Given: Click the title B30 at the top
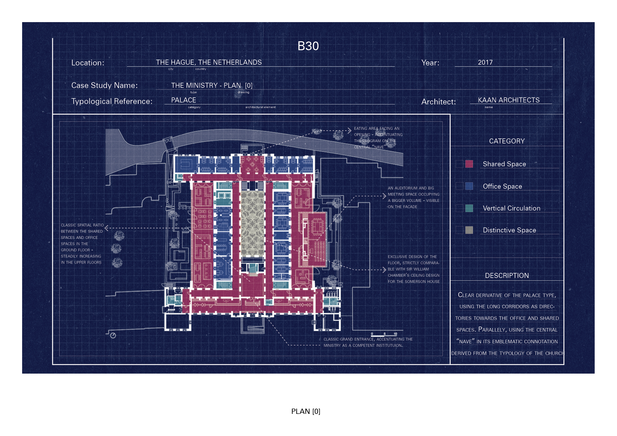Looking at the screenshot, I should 308,46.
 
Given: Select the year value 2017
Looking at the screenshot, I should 485,63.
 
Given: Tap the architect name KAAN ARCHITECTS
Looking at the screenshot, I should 509,100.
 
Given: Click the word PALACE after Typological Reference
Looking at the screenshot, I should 184,100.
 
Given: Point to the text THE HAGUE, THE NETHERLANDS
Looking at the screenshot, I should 209,63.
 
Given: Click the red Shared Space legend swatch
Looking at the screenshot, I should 469,164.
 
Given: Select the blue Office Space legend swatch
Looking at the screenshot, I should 469,186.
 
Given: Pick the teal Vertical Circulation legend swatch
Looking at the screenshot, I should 469,208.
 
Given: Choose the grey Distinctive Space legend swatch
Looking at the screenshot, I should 469,230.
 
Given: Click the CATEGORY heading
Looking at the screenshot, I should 507,141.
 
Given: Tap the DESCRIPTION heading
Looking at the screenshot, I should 507,276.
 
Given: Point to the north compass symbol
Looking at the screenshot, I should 113,336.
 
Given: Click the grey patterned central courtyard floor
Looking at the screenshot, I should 252,223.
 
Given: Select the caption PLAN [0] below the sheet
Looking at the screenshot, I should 306,412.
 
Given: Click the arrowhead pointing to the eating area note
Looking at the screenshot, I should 349,131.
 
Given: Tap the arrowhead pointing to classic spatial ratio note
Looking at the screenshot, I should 107,228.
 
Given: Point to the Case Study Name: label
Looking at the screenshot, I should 104,85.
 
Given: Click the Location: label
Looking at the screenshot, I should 88,63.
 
